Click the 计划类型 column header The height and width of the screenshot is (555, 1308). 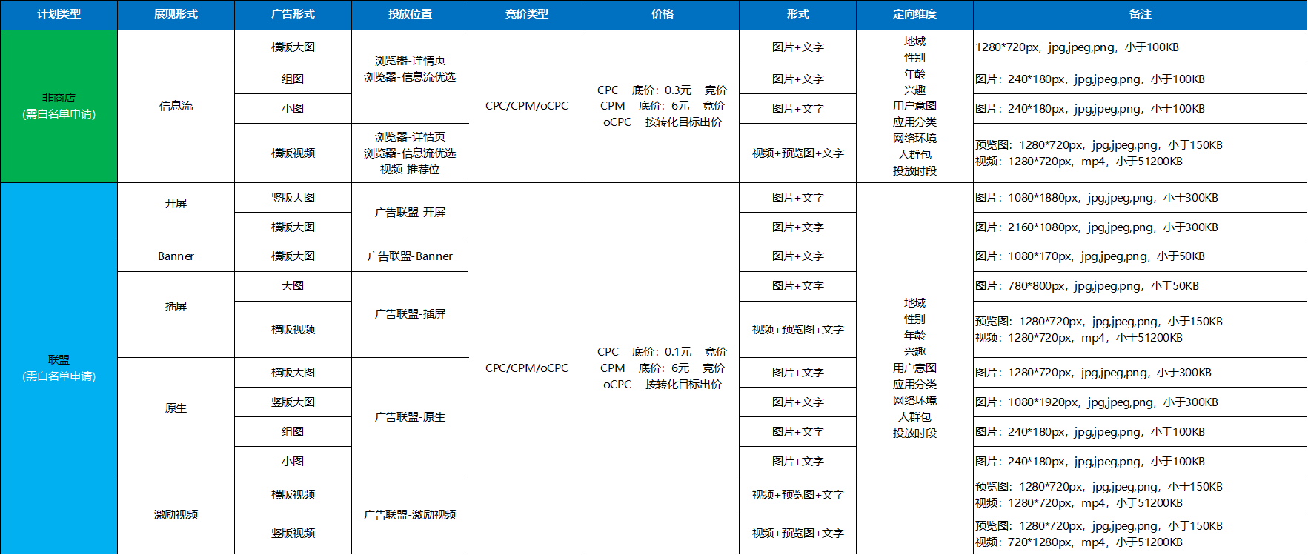point(59,14)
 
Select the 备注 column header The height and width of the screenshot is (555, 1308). point(1140,14)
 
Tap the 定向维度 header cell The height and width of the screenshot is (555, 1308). point(914,14)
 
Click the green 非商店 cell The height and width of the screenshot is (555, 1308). point(59,106)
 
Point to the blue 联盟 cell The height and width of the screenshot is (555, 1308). point(59,368)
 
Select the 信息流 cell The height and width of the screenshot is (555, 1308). point(176,106)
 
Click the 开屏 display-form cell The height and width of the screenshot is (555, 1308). point(176,204)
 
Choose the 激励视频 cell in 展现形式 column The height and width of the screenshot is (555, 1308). point(176,515)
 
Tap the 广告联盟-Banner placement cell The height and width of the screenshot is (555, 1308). point(410,256)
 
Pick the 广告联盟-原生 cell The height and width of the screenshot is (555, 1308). point(410,417)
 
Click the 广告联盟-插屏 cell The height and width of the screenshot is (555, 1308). point(410,314)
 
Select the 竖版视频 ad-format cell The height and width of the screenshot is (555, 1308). point(293,534)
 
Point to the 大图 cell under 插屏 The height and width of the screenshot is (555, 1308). point(293,286)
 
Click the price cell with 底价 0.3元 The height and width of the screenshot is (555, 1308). point(662,106)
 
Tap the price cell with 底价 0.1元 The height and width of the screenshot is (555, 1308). point(662,368)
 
